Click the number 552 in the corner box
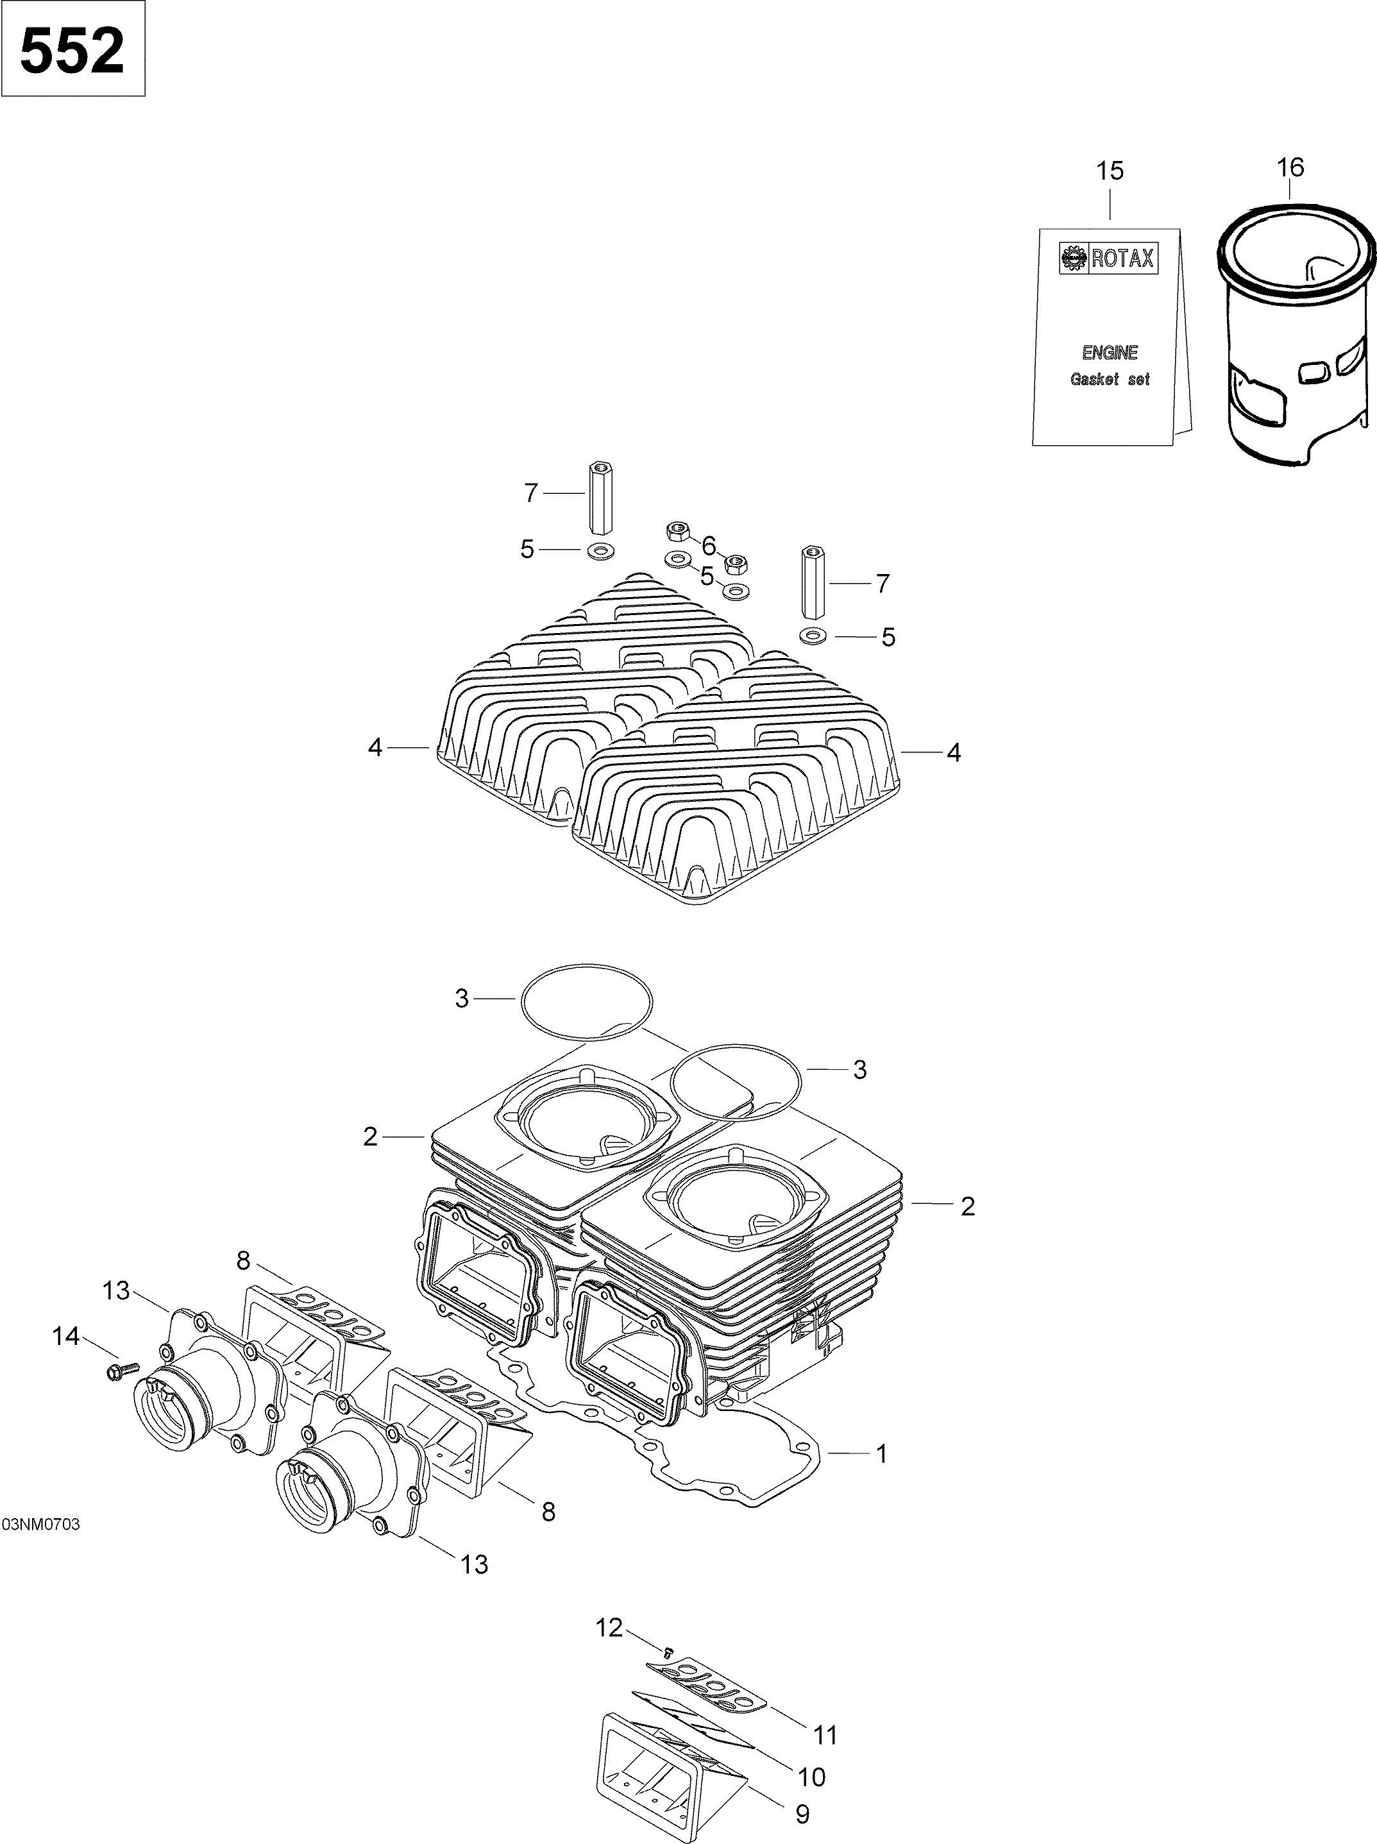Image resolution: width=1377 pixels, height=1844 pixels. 72,50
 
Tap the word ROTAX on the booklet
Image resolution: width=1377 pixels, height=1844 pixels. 1122,259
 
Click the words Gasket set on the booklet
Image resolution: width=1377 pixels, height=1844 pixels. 1109,379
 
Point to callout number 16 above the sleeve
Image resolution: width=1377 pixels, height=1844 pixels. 1290,167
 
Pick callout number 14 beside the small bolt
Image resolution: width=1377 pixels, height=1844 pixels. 66,1337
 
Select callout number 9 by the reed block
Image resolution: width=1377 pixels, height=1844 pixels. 802,1815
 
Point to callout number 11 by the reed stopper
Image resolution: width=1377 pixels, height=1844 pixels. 824,1736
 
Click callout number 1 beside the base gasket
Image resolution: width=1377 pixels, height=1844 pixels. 881,1454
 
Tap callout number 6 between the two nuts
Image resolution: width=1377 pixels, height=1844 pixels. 709,546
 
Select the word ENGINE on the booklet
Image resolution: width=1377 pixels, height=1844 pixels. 1110,353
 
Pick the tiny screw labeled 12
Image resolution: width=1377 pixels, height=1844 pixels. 667,1650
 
